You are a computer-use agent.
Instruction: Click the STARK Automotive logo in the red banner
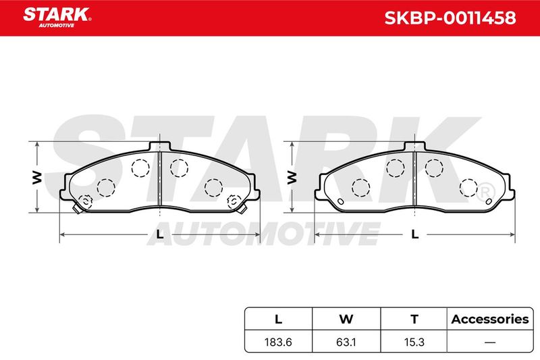[57, 18]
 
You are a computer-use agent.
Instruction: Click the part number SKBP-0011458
[450, 18]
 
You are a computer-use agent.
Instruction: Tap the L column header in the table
[278, 319]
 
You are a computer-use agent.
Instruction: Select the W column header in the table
[346, 319]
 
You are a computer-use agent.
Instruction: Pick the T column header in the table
[414, 319]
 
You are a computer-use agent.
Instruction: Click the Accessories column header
[490, 319]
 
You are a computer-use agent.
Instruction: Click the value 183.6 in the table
[278, 342]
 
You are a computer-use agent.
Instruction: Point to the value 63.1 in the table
[346, 342]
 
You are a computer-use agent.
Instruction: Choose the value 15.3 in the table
[414, 342]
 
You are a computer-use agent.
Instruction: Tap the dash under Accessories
[490, 342]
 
